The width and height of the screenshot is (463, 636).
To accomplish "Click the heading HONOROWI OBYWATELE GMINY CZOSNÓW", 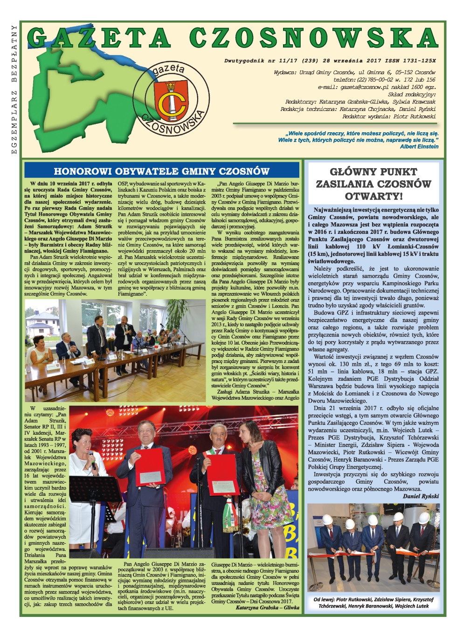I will point(161,171).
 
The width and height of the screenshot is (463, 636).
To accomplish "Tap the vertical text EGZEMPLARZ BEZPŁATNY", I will point(14,89).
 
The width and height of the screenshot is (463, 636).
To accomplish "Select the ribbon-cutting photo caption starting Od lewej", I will point(373,602).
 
